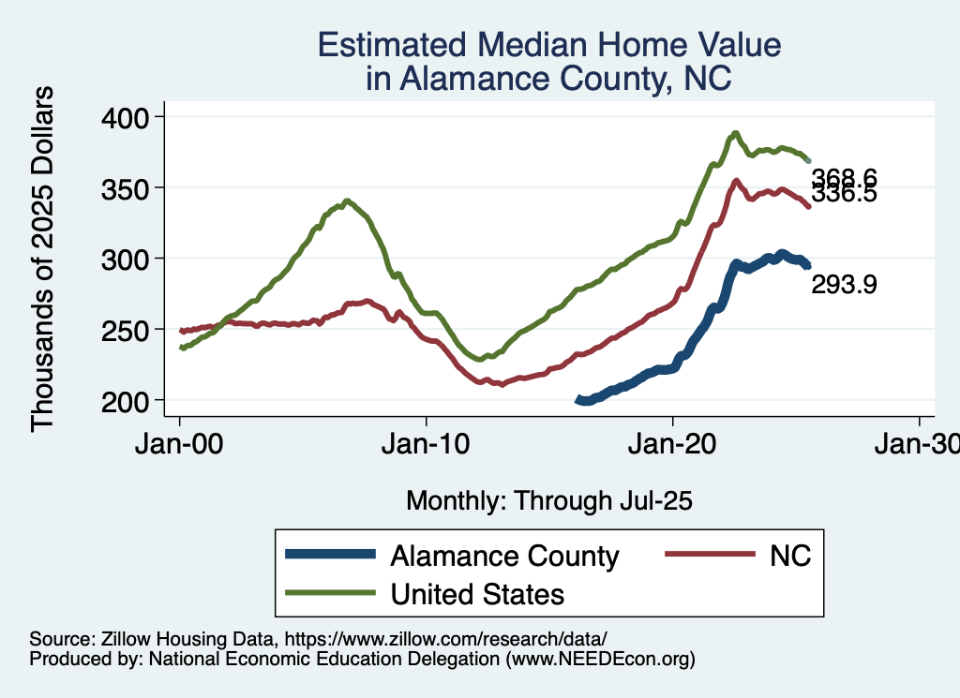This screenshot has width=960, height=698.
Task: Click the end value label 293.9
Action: [x=844, y=285]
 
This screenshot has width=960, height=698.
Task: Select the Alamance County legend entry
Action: [x=504, y=556]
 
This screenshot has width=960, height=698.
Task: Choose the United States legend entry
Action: [x=477, y=593]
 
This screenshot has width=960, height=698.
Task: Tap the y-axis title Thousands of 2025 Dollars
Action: [x=43, y=259]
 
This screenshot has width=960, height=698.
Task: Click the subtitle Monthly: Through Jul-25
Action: [x=548, y=500]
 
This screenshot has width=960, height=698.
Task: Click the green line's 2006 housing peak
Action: [x=347, y=200]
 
